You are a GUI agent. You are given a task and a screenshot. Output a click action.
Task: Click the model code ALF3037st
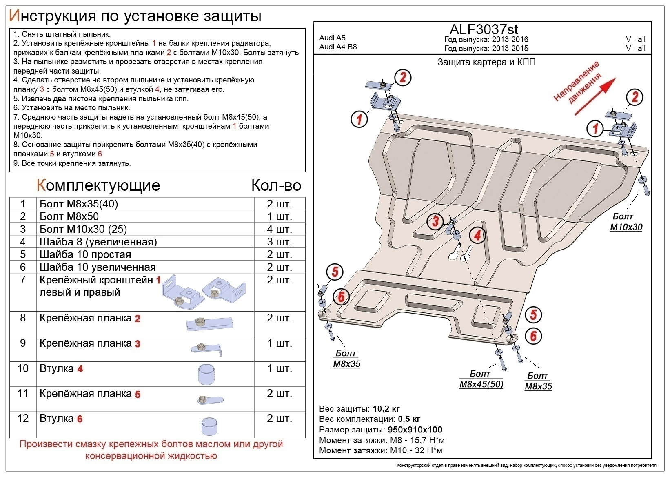click(x=484, y=29)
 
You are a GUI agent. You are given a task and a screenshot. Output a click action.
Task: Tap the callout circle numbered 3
click(x=435, y=221)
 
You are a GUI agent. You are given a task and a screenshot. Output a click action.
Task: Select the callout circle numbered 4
click(x=477, y=235)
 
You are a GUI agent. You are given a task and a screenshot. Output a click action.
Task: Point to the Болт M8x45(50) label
click(x=481, y=379)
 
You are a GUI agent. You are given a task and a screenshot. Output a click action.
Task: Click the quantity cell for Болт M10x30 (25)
click(x=280, y=229)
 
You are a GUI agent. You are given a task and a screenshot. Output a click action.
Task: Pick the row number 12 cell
click(x=23, y=418)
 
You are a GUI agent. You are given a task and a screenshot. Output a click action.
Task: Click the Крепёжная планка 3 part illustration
click(x=206, y=349)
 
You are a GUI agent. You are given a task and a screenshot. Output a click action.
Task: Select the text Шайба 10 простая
click(x=85, y=254)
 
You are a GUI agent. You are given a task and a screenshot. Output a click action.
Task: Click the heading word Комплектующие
click(x=98, y=185)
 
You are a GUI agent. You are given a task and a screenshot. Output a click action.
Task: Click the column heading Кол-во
click(x=276, y=185)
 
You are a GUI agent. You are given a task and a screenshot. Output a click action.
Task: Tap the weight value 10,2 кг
click(x=386, y=409)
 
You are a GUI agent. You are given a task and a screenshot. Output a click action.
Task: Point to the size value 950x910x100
click(x=415, y=430)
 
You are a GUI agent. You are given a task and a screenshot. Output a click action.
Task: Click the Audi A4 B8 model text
click(x=338, y=47)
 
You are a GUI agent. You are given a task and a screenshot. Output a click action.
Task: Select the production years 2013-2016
click(x=510, y=40)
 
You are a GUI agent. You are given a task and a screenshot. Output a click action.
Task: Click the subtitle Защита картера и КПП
click(x=486, y=62)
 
